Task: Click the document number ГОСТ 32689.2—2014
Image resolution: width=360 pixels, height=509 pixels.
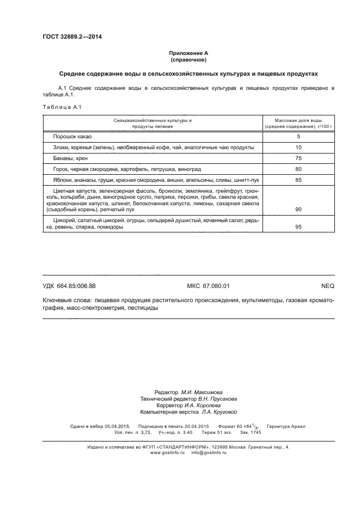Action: tap(72, 37)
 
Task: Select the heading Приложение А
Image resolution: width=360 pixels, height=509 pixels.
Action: tap(188, 53)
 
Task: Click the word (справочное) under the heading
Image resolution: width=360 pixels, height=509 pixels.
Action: tap(188, 59)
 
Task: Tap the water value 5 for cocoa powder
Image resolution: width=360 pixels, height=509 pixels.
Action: tap(298, 137)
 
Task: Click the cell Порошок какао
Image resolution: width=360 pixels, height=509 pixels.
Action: tap(71, 137)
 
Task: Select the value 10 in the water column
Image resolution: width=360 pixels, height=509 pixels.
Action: tap(298, 148)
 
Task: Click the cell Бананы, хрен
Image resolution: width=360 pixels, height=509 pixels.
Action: tap(71, 158)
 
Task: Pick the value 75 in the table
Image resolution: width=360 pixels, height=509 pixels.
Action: tap(298, 158)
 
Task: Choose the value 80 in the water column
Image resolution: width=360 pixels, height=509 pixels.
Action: tap(298, 169)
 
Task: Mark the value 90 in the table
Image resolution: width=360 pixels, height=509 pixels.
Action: tap(298, 210)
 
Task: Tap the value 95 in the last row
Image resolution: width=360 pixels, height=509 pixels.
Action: tap(298, 227)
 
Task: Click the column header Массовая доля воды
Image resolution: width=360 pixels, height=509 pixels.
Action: tap(298, 119)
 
